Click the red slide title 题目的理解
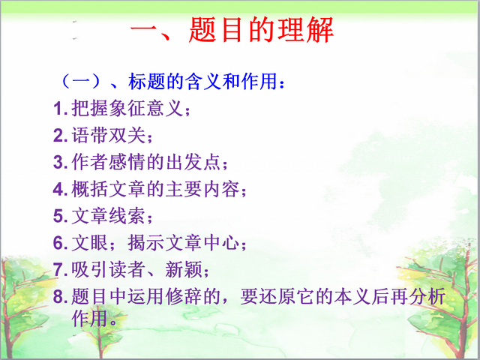pyautogui.click(x=261, y=30)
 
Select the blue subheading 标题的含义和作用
pyautogui.click(x=202, y=82)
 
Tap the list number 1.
pyautogui.click(x=60, y=108)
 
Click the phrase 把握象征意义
pyautogui.click(x=127, y=108)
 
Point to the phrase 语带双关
pyautogui.click(x=108, y=135)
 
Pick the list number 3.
pyautogui.click(x=60, y=162)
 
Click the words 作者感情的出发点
pyautogui.click(x=146, y=162)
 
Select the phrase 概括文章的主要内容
pyautogui.click(x=155, y=189)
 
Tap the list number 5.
pyautogui.click(x=60, y=216)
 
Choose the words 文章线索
pyautogui.click(x=108, y=216)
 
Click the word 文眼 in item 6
pyautogui.click(x=90, y=243)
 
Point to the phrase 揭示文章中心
pyautogui.click(x=183, y=243)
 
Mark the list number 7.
pyautogui.click(x=60, y=270)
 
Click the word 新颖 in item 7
pyautogui.click(x=184, y=269)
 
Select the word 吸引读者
pyautogui.click(x=108, y=269)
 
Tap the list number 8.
pyautogui.click(x=60, y=297)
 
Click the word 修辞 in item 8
pyautogui.click(x=184, y=296)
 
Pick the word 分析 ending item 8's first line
pyautogui.click(x=427, y=296)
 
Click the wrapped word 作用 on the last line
pyautogui.click(x=90, y=318)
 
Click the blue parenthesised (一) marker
pyautogui.click(x=81, y=82)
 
